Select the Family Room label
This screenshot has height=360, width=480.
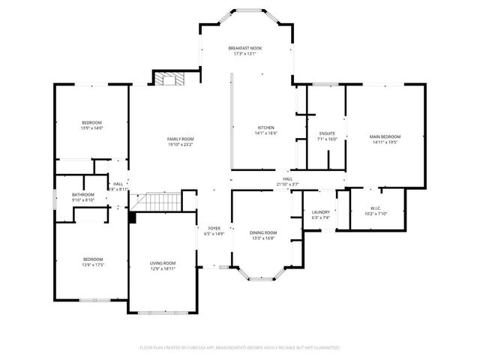[180, 139]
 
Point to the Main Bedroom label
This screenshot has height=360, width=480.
[385, 136]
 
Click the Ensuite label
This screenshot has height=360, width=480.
[327, 133]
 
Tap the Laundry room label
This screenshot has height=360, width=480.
[321, 212]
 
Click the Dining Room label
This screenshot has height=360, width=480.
[262, 232]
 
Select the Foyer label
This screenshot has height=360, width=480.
[214, 228]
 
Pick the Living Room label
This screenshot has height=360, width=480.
[163, 262]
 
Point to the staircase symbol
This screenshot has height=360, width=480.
[163, 202]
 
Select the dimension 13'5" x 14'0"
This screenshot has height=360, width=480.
[91, 128]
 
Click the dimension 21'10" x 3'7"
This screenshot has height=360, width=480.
[287, 184]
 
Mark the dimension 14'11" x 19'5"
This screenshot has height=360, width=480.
[385, 142]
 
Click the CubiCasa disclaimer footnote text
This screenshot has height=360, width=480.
[240, 348]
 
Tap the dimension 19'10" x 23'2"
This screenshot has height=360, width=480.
[180, 144]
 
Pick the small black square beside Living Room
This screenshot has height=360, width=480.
[132, 217]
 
